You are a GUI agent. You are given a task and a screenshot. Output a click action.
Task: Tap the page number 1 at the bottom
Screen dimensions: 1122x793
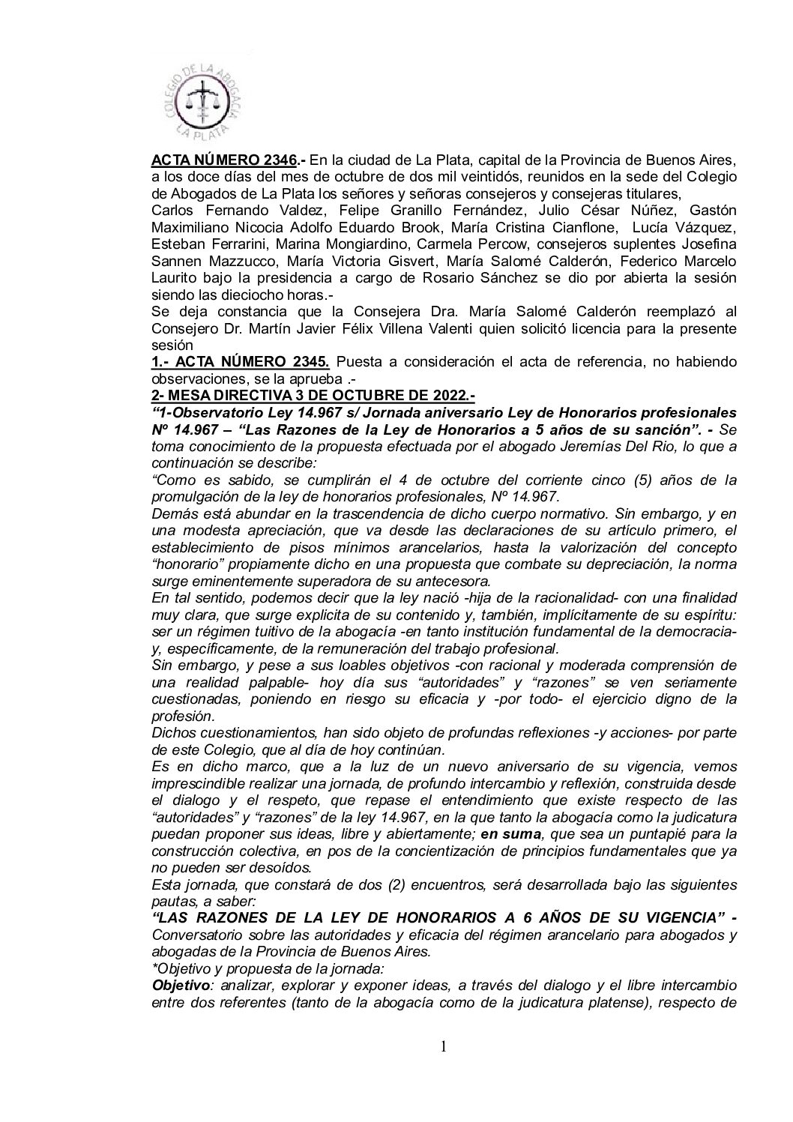click(444, 1046)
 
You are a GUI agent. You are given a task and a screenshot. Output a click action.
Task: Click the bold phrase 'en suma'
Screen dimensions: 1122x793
click(508, 833)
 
